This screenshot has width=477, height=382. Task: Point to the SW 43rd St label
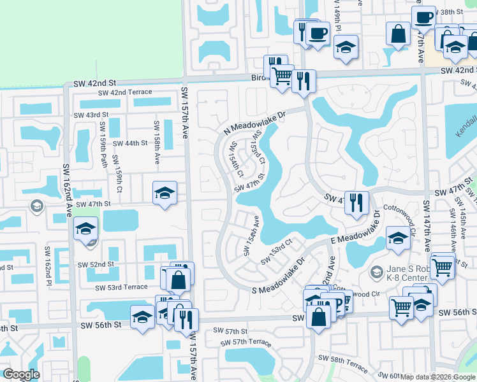click(x=92, y=115)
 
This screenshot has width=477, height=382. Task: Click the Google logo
click(x=21, y=374)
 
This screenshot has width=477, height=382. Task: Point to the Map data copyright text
click(x=437, y=377)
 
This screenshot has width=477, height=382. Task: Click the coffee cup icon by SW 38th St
click(x=423, y=17)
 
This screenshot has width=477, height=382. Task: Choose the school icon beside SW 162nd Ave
click(x=84, y=229)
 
